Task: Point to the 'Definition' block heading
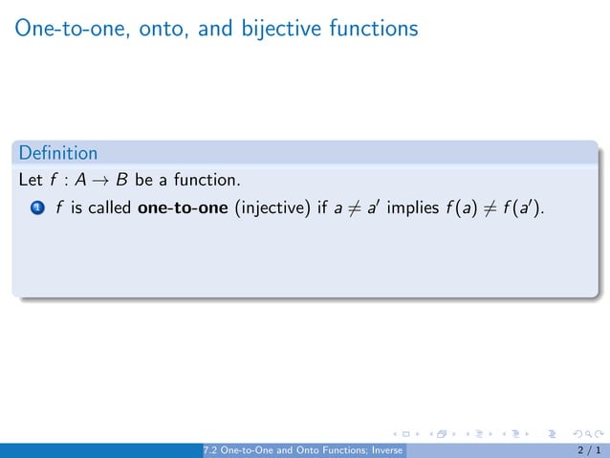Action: point(58,153)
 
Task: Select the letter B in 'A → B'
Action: point(122,179)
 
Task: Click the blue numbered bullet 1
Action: point(36,207)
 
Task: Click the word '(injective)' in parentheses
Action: point(266,207)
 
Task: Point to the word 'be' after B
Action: point(144,179)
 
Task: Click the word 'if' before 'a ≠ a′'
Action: point(323,207)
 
